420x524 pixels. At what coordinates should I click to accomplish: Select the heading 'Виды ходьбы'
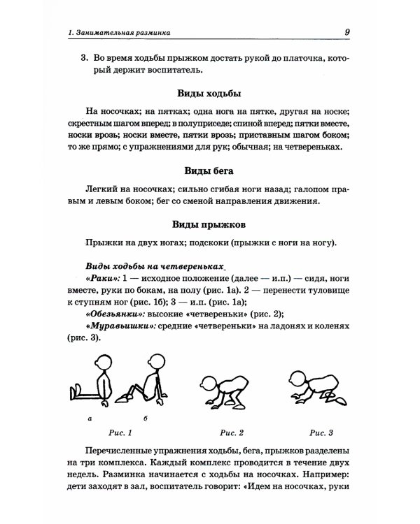[x=210, y=93]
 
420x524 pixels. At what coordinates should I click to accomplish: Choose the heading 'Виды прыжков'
[x=210, y=226]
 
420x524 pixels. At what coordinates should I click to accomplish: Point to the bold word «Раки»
[x=102, y=279]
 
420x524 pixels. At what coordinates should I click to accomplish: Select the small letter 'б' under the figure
[x=145, y=419]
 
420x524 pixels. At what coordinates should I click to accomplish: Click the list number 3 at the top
[x=83, y=58]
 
